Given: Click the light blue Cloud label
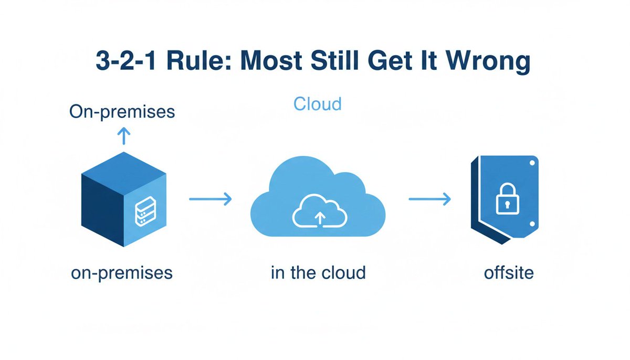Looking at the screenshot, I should [317, 104].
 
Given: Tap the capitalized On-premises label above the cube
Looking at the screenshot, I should [123, 112].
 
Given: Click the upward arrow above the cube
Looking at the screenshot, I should [123, 136].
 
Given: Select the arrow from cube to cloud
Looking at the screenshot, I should [210, 199].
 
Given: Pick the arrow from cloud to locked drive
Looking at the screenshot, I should [429, 199].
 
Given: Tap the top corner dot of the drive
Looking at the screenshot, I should [532, 163].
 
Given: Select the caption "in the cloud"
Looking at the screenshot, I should [318, 273].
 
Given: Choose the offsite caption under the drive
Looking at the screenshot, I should [509, 273].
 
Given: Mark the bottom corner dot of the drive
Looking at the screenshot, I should [532, 225].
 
